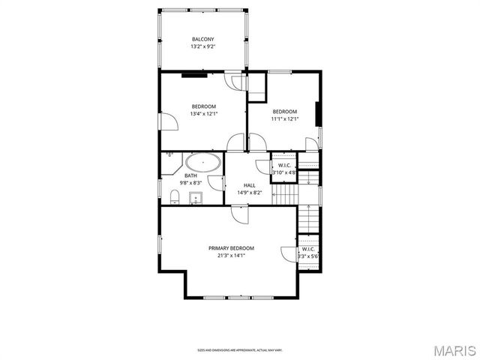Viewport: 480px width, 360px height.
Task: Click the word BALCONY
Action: [x=202, y=39]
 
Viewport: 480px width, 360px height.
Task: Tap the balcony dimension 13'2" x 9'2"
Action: [x=202, y=46]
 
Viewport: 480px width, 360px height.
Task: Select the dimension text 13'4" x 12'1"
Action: [x=203, y=114]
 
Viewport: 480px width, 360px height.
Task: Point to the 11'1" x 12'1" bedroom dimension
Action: [x=285, y=119]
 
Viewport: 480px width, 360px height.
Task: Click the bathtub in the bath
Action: [x=203, y=162]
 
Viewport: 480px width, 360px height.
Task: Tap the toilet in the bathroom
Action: [x=174, y=196]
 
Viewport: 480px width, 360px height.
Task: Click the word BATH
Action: [x=191, y=175]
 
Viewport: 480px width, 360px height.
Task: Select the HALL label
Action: [x=249, y=185]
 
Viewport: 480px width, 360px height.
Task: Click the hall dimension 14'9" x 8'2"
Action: [x=249, y=193]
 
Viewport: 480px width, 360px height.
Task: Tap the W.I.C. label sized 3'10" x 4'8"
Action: [x=284, y=165]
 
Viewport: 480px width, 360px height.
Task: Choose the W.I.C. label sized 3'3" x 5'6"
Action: [x=308, y=249]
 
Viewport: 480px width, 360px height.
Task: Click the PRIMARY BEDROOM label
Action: [x=231, y=248]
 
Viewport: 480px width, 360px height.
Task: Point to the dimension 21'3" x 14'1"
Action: [x=231, y=256]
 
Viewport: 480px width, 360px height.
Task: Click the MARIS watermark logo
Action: [x=452, y=350]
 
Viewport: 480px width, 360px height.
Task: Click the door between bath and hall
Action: [x=216, y=182]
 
